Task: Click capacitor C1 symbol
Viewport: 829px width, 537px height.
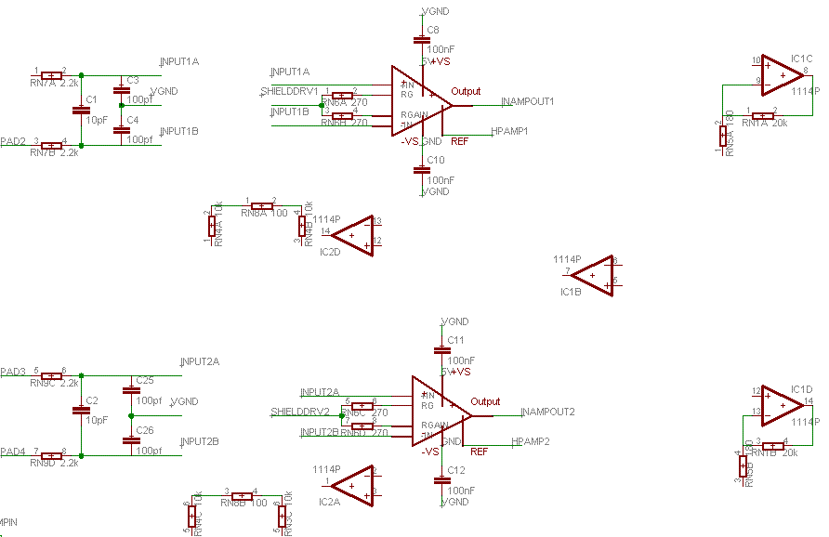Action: (81, 110)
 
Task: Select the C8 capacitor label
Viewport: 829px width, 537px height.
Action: (433, 31)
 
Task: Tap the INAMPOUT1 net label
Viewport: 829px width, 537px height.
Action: (528, 101)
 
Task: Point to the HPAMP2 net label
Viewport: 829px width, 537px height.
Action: (531, 441)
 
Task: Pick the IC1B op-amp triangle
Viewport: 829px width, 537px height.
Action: (593, 276)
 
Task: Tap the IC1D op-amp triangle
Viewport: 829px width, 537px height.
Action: (783, 405)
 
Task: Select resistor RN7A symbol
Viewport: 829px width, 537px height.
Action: (51, 75)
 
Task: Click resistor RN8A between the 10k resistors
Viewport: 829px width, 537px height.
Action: (261, 205)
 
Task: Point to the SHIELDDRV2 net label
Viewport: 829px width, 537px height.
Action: (300, 412)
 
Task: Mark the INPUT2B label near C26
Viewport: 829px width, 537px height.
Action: (200, 441)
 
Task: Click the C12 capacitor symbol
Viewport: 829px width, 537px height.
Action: (441, 481)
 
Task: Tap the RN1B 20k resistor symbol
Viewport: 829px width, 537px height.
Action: (771, 445)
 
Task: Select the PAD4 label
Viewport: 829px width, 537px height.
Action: (13, 452)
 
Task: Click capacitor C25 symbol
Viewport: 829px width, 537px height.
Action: (131, 390)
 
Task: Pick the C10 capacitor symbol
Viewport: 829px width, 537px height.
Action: (419, 170)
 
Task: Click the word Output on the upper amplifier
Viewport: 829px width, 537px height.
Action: (467, 92)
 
